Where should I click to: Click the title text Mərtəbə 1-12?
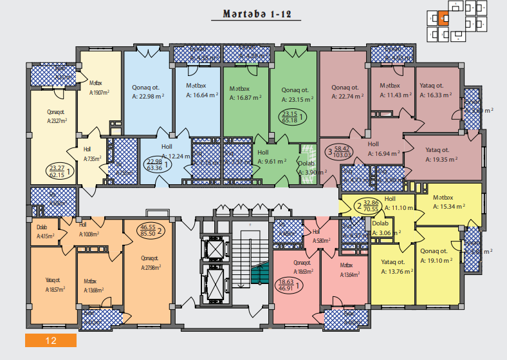pyautogui.click(x=253, y=14)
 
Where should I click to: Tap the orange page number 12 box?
pyautogui.click(x=51, y=339)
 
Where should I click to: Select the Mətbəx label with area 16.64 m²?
pyautogui.click(x=197, y=86)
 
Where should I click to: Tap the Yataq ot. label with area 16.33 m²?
pyautogui.click(x=431, y=86)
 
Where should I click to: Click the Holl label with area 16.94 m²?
pyautogui.click(x=373, y=145)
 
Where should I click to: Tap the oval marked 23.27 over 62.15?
pyautogui.click(x=59, y=171)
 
